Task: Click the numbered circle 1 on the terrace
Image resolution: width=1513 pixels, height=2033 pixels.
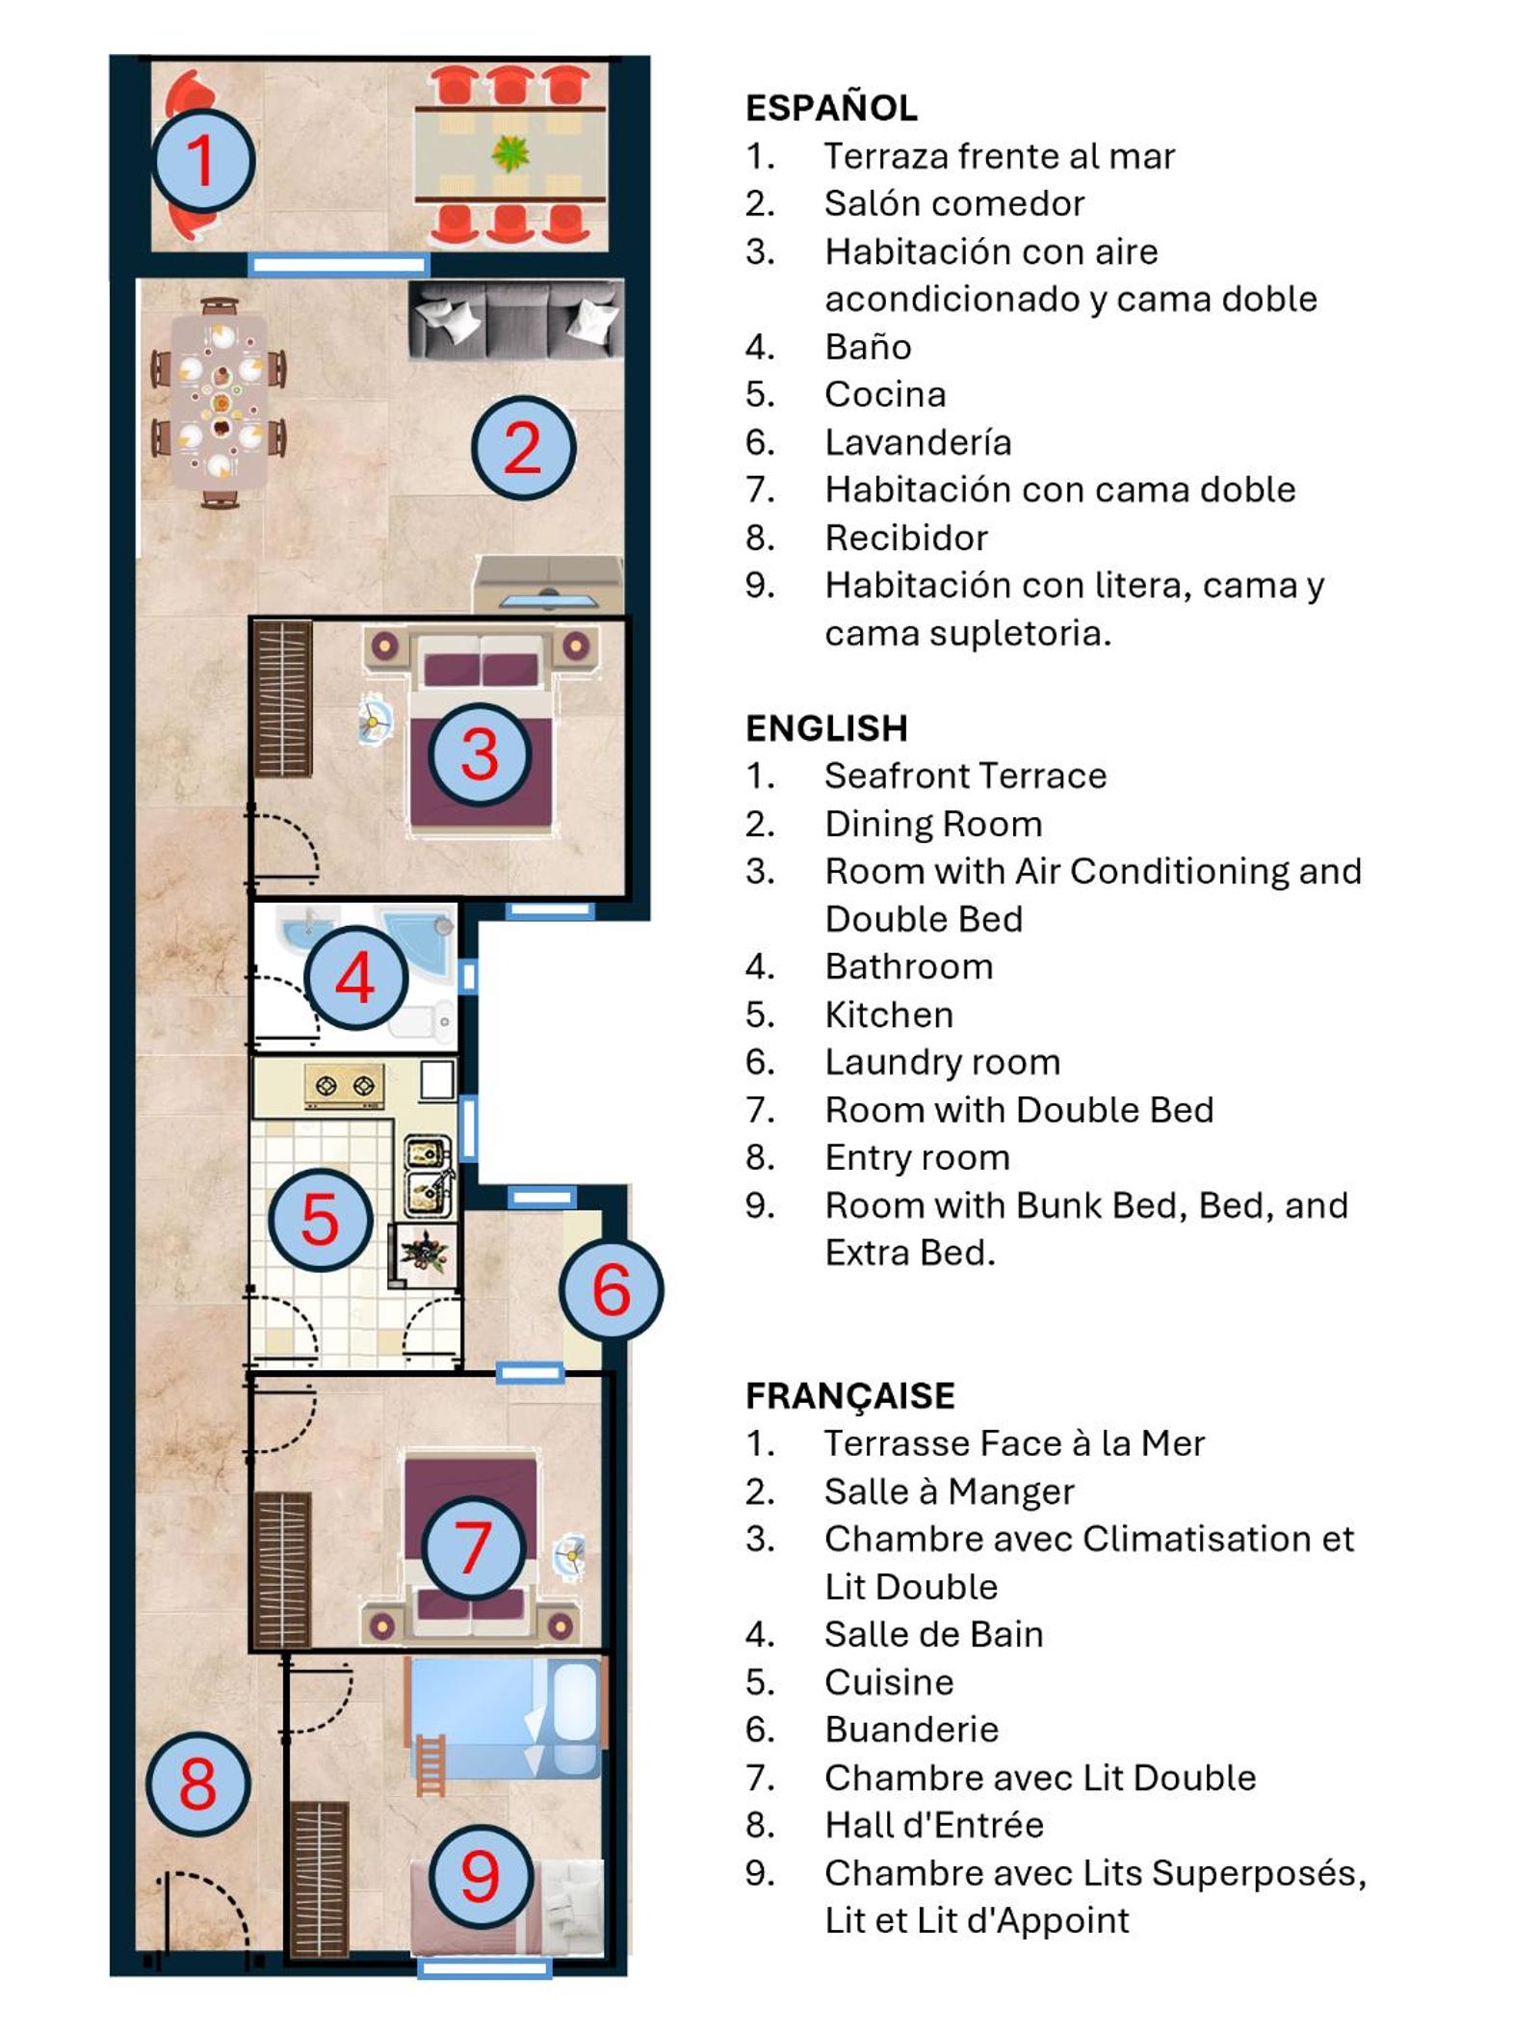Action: click(202, 161)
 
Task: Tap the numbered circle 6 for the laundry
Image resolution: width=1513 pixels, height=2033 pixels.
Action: click(612, 1289)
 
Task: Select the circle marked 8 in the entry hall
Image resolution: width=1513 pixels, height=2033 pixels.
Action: click(198, 1783)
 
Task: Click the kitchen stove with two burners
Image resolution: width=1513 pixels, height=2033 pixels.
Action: click(344, 1086)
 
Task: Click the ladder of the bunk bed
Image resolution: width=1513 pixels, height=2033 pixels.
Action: click(430, 1765)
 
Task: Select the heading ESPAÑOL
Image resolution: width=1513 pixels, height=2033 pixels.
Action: click(831, 107)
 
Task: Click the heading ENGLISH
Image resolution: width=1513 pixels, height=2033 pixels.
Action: click(826, 727)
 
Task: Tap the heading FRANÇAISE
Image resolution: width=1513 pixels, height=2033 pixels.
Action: click(850, 1395)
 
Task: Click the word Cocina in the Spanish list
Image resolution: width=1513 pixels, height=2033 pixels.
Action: click(885, 394)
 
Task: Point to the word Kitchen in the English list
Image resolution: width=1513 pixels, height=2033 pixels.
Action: click(889, 1015)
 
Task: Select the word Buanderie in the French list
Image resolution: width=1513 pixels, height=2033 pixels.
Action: click(911, 1729)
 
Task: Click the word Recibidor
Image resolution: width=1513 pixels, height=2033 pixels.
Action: click(906, 538)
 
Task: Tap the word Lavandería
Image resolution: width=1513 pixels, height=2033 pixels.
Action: click(918, 442)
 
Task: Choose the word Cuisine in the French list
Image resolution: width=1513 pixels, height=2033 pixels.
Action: click(889, 1682)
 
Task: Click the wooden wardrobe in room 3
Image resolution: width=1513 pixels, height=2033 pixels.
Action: click(282, 699)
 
